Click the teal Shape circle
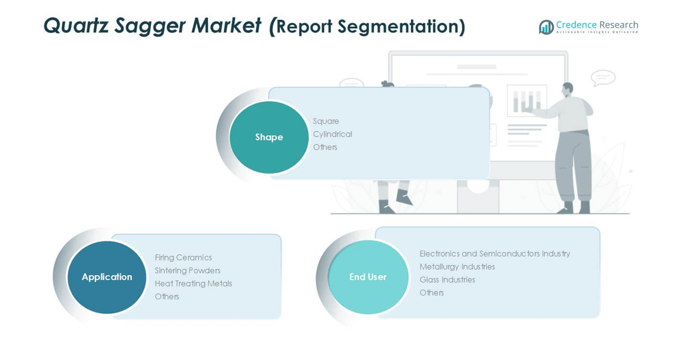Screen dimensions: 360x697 269,137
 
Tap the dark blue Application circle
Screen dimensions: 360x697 107,277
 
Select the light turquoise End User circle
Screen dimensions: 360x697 368,277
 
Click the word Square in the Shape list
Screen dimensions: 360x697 326,121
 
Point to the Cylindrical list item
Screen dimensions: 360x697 332,134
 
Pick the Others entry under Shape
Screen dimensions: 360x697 325,147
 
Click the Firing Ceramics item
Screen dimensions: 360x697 183,258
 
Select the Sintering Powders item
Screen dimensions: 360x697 188,271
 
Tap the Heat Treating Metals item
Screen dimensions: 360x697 193,284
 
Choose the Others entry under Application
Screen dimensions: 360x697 167,297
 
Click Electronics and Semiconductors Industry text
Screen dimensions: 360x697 495,254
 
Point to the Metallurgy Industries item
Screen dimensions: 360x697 457,267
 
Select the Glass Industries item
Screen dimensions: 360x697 447,280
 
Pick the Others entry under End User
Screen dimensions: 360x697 431,293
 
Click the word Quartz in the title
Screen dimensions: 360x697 76,26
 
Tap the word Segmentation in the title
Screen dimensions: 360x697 399,27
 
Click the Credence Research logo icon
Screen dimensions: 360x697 546,27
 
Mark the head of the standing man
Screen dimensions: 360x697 567,89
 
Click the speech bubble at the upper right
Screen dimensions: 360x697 603,77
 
